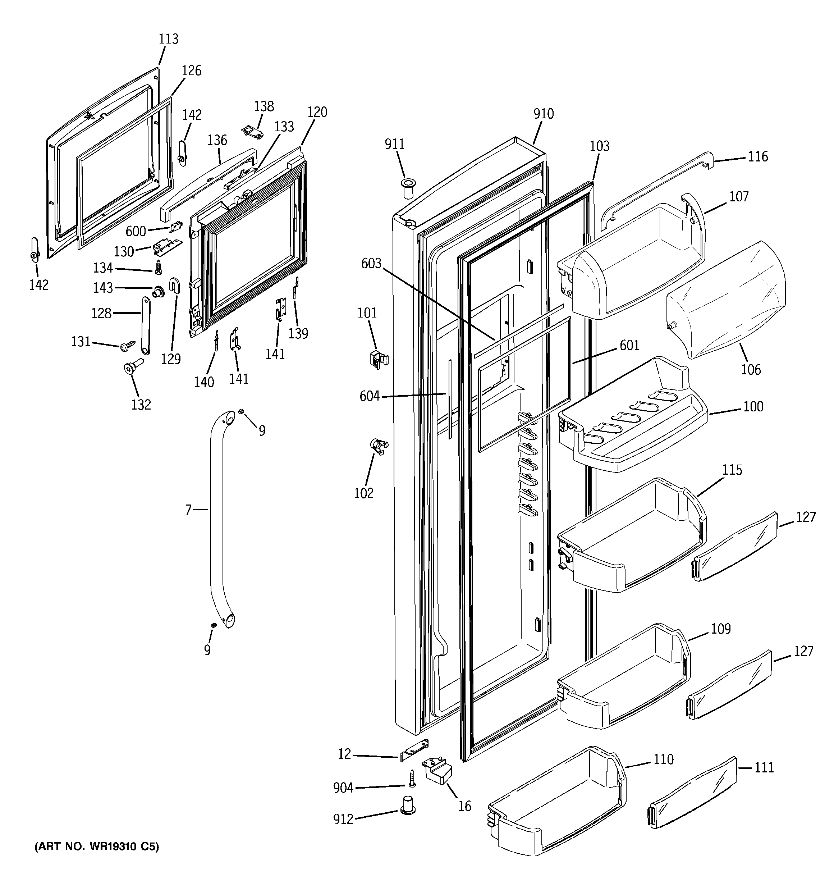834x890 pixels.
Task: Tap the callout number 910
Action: (544, 114)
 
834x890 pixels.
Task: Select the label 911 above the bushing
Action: (394, 144)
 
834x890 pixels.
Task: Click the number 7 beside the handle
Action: (188, 510)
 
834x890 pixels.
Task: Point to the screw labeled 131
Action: (128, 346)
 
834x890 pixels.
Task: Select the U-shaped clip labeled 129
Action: (174, 285)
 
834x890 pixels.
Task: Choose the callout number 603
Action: (371, 264)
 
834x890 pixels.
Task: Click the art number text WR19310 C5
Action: (97, 846)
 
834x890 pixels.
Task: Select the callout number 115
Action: (732, 470)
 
